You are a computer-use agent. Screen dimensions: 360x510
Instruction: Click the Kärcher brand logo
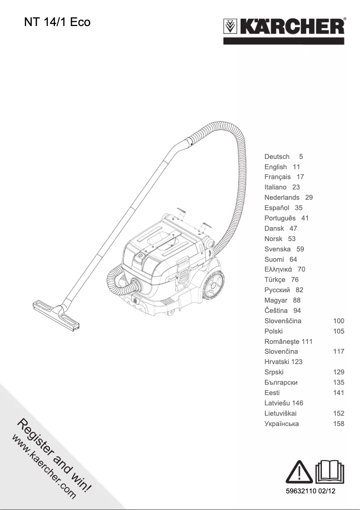[x=284, y=28]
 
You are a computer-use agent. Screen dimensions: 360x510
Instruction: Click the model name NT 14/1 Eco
[x=57, y=22]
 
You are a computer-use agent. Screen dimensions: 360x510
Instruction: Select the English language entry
[x=276, y=167]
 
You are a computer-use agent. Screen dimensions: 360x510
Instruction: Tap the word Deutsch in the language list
[x=277, y=157]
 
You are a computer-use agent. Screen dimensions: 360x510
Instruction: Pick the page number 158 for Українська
[x=339, y=424]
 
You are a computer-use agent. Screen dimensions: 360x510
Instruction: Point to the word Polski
[x=274, y=331]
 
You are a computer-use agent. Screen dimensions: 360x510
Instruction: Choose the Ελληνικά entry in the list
[x=278, y=269]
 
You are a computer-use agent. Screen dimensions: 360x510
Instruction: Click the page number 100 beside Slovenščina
[x=339, y=321]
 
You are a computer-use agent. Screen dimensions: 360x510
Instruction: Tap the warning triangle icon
[x=299, y=472]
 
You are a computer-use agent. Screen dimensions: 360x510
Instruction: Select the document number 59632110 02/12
[x=311, y=492]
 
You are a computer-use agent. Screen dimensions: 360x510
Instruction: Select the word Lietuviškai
[x=281, y=413]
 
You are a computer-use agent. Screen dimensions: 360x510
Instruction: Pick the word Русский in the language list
[x=277, y=290]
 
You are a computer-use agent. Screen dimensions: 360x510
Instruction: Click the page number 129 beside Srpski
[x=339, y=372]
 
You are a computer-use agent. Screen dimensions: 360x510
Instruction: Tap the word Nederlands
[x=282, y=198]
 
